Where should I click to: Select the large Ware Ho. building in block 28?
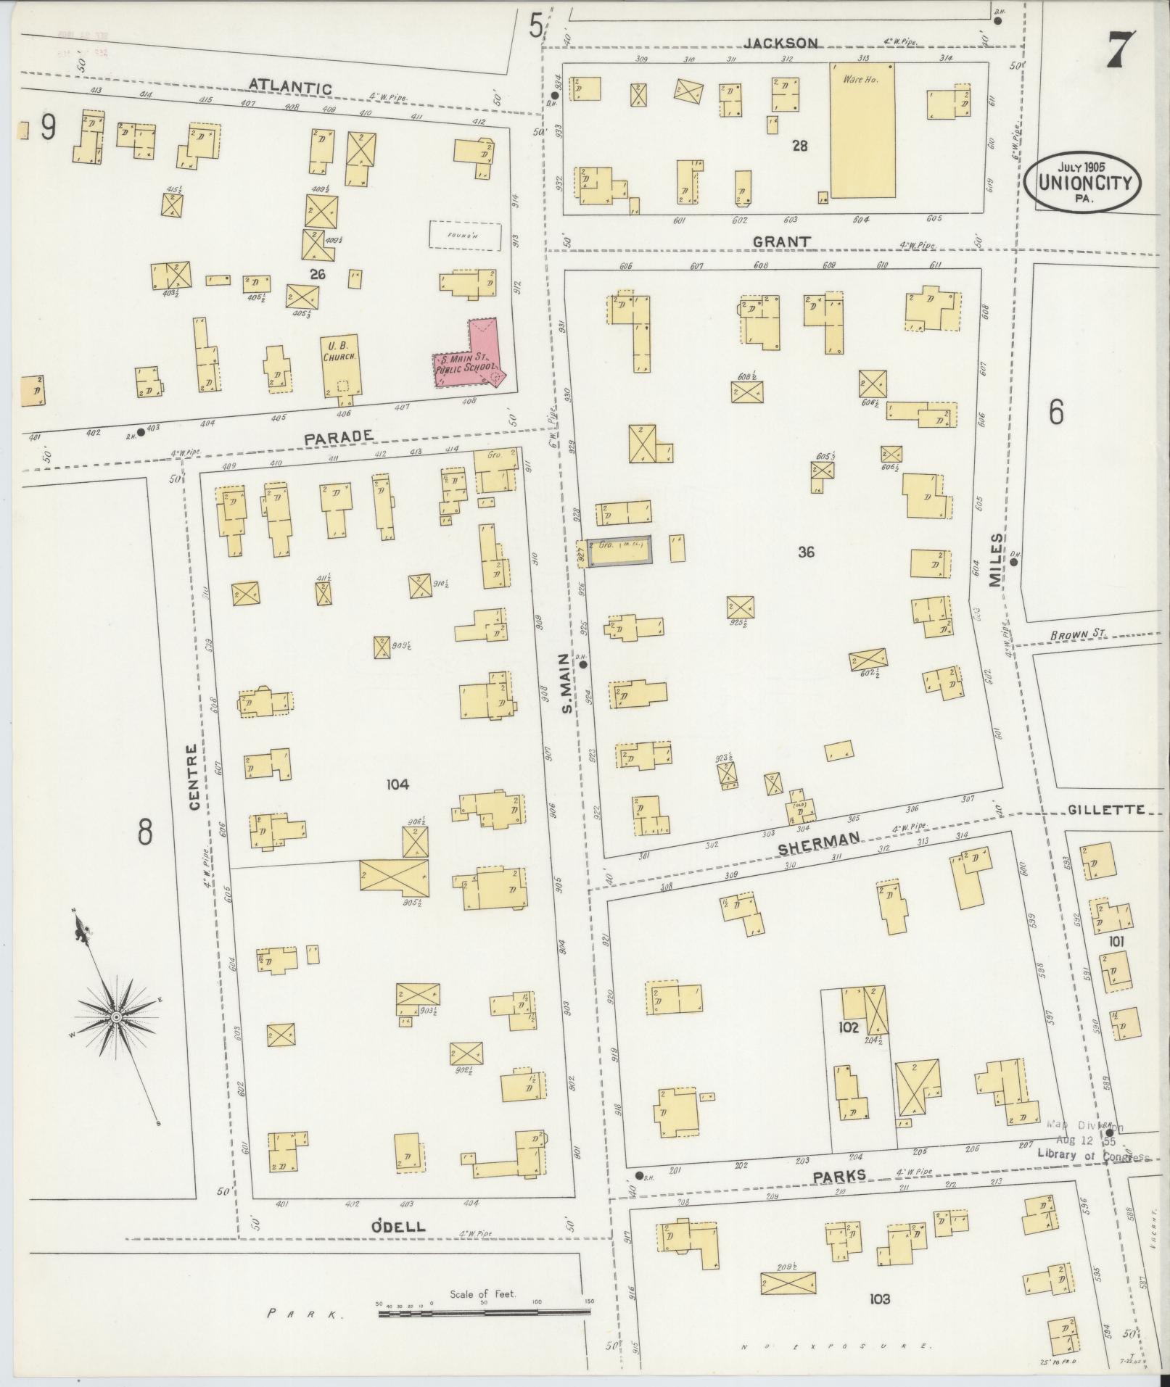pos(862,131)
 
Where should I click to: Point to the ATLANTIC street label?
pos(290,86)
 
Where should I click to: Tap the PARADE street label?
pos(338,436)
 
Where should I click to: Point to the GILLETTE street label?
pos(1106,809)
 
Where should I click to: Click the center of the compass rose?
pos(115,1018)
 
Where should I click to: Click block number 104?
pos(398,784)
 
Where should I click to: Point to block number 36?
pos(805,552)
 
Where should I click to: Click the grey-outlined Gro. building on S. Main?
pos(618,552)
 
